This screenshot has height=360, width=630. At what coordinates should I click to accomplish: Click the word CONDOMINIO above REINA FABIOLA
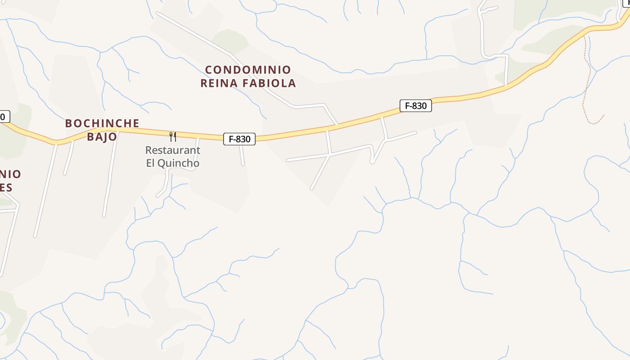(248, 70)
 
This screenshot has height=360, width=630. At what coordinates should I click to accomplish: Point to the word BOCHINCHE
(102, 123)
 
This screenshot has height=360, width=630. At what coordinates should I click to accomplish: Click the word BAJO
(102, 136)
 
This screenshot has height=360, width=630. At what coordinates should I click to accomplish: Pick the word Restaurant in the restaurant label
(173, 150)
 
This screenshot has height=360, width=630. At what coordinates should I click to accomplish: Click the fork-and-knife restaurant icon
(172, 136)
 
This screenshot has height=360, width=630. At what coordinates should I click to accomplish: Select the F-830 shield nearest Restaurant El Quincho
(239, 139)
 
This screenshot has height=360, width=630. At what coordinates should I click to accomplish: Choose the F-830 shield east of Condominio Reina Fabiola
(415, 106)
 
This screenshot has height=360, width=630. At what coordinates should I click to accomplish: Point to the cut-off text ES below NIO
(6, 187)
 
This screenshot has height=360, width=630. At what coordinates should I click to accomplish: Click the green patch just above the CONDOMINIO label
(229, 40)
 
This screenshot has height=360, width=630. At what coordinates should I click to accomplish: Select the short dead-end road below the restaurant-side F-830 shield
(242, 155)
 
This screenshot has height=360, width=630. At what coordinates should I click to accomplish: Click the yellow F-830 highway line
(315, 131)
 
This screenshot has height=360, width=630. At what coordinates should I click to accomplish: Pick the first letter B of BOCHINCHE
(69, 123)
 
